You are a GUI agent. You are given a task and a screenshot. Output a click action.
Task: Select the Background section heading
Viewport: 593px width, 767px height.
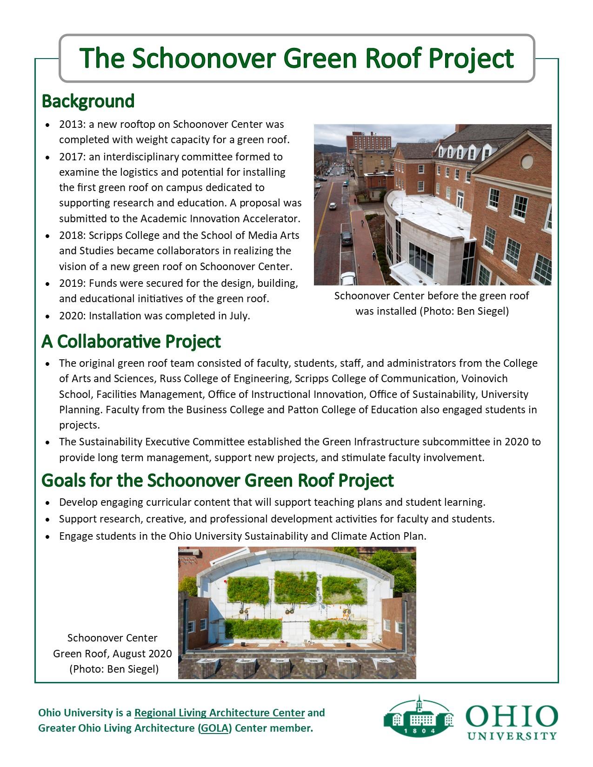[x=88, y=101]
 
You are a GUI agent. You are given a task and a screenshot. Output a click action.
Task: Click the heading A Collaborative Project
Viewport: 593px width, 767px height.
[x=131, y=341]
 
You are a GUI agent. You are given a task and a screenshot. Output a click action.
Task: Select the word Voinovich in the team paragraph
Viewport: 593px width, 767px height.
[x=485, y=379]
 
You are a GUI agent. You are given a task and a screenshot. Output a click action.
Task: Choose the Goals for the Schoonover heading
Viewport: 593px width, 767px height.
[x=217, y=480]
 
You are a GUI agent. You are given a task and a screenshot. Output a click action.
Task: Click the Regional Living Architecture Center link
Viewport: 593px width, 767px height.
[x=220, y=713]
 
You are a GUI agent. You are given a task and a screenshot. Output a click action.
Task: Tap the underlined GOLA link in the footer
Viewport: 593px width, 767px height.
[x=214, y=728]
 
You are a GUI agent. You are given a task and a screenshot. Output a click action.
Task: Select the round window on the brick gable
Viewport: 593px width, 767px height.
[x=526, y=162]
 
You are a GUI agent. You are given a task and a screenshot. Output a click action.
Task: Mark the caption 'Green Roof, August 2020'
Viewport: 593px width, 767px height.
[x=112, y=654]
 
